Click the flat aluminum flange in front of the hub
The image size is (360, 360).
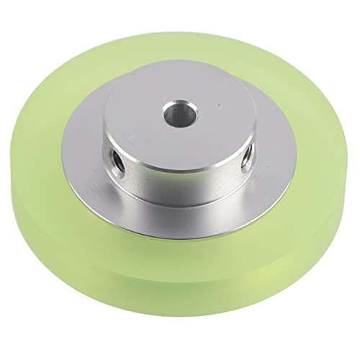click(x=187, y=220)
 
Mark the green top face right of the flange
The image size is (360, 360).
click(x=317, y=166)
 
